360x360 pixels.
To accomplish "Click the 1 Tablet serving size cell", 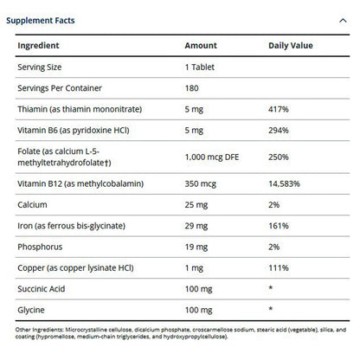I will click(201, 66).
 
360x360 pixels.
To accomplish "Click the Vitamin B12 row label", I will click(77, 184).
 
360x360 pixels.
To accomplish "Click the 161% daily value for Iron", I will click(277, 227).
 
